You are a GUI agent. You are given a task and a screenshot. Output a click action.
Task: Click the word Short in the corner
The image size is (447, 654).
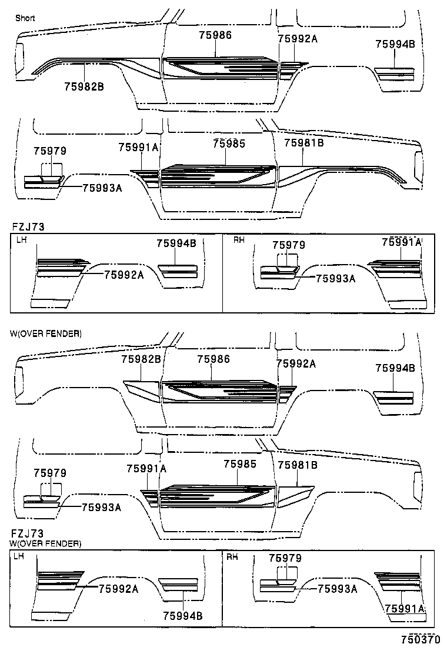[25, 18]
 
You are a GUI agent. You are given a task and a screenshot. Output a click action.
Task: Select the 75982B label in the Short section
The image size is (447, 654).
[84, 86]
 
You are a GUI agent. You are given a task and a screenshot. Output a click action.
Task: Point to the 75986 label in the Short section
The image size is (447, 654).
[215, 35]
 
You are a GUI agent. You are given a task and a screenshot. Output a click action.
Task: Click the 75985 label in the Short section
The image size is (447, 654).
[229, 143]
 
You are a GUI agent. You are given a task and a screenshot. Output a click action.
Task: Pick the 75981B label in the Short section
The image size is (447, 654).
[304, 143]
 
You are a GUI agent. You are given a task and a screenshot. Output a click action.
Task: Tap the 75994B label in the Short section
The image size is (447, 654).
[395, 44]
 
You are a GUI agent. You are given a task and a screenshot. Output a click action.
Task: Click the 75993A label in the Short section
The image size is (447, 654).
[102, 188]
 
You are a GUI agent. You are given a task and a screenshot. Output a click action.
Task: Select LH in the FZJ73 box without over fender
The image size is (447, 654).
[21, 240]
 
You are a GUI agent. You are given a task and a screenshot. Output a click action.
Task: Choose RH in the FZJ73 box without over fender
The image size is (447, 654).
[239, 240]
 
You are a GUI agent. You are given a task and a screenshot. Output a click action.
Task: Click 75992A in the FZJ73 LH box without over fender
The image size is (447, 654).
[124, 274]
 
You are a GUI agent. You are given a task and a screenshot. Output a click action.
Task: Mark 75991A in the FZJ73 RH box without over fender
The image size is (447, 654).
[402, 242]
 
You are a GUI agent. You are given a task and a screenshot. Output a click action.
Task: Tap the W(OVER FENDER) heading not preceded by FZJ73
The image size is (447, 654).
[46, 333]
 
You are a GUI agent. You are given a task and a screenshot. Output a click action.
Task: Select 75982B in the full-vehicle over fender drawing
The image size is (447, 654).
[141, 359]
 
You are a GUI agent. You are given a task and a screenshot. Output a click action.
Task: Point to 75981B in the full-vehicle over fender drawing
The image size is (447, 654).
[297, 465]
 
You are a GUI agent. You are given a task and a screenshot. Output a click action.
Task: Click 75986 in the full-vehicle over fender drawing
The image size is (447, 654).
[214, 359]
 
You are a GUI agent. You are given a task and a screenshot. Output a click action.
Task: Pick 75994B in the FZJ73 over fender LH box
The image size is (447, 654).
[183, 616]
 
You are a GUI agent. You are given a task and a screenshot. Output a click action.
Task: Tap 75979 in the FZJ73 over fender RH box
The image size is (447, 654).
[285, 558]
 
